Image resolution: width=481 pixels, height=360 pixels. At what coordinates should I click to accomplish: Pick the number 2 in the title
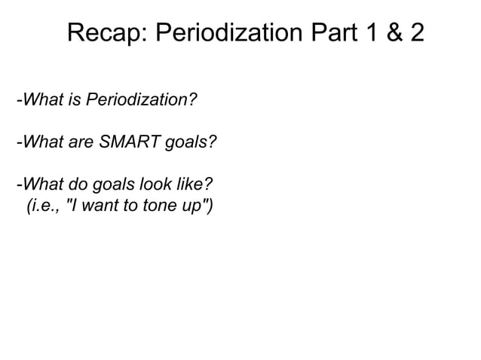[x=414, y=33]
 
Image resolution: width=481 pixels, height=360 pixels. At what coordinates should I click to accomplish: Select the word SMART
[x=124, y=141]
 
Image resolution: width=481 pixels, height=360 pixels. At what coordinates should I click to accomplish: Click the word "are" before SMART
[x=77, y=141]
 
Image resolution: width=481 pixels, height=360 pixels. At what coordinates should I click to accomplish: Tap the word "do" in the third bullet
[x=74, y=183]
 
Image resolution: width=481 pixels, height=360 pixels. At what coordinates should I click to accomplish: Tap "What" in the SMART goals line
[x=41, y=141]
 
